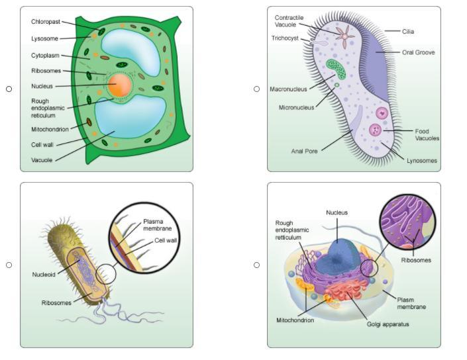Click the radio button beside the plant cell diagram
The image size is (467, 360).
[9, 89]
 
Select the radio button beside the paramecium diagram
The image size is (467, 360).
[256, 89]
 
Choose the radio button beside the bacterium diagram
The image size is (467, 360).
[9, 265]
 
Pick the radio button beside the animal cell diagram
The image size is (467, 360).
[256, 265]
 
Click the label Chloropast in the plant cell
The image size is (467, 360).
[45, 22]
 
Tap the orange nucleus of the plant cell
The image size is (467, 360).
[121, 85]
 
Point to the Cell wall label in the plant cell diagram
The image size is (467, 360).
[42, 144]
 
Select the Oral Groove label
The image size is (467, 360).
[418, 52]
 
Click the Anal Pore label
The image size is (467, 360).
[305, 151]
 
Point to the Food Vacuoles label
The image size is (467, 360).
[427, 135]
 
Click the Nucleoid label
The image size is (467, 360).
[43, 274]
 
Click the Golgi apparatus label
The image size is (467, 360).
[388, 324]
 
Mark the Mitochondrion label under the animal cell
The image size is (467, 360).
[295, 320]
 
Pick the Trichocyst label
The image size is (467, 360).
[286, 38]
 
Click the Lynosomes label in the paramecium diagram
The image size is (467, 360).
[421, 161]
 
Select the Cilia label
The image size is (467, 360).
[408, 31]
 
